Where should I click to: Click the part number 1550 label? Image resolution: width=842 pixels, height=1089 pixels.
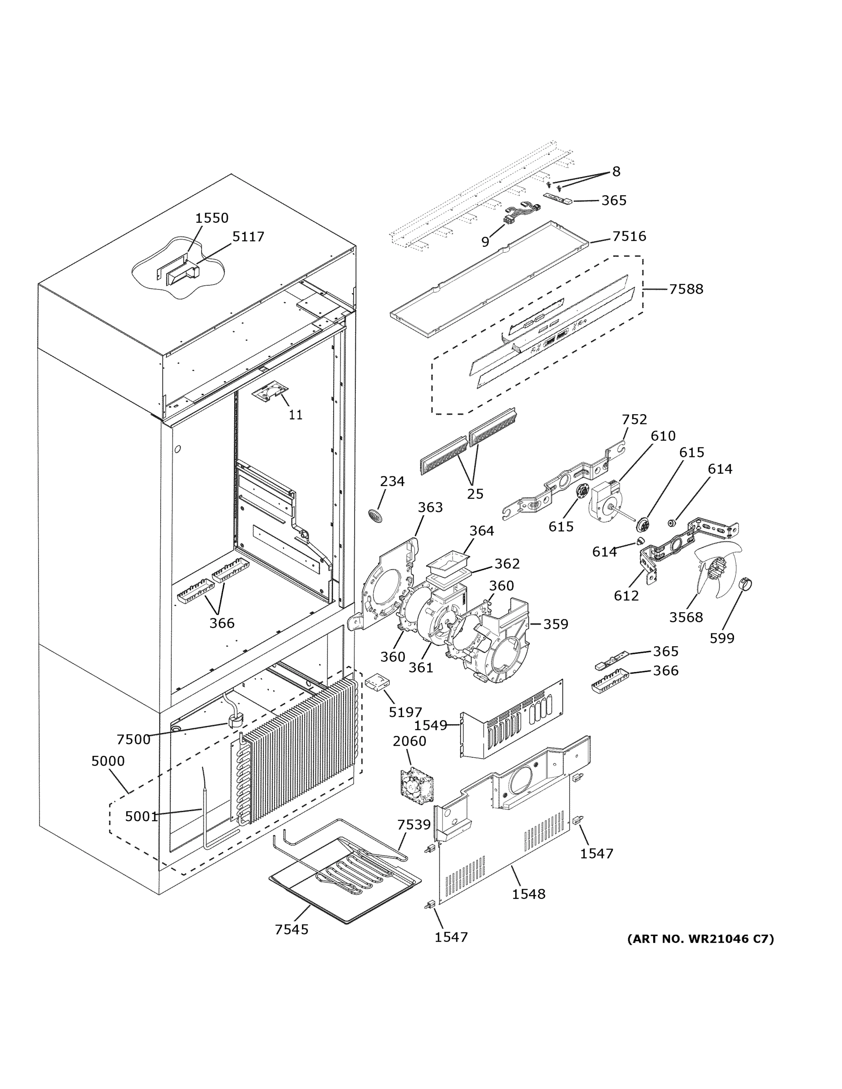tap(212, 218)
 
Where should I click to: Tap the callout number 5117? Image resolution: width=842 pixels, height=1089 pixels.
tap(248, 236)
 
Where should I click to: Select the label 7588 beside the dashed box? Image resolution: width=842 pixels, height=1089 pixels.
tap(686, 289)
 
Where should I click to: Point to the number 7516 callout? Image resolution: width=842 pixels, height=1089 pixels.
tap(629, 236)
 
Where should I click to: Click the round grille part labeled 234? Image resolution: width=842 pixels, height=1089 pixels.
tap(377, 515)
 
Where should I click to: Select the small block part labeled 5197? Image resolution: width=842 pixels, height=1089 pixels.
tap(378, 682)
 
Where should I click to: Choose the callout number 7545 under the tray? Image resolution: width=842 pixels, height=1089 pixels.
tap(291, 929)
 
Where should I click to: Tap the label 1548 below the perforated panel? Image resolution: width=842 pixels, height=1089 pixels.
tap(528, 893)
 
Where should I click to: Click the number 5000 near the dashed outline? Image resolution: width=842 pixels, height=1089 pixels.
tap(108, 761)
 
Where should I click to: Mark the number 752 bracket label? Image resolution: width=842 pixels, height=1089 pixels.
tap(634, 419)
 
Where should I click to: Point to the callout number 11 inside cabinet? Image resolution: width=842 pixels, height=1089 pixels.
tap(295, 414)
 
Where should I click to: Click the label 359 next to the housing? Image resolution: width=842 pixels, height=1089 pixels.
tap(555, 624)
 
